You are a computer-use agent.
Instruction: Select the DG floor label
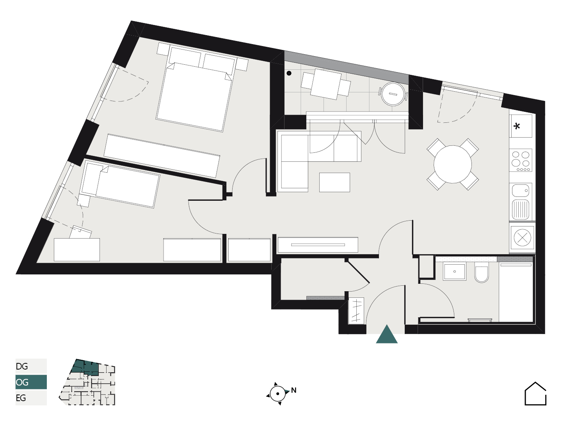22,366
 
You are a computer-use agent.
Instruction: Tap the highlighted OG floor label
22,382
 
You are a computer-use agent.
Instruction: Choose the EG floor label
21,398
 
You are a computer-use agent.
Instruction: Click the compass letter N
293,390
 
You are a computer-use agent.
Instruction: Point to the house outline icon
535,394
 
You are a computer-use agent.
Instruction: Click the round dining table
452,165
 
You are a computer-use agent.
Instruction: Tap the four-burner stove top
521,160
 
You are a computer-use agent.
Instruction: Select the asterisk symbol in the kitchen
517,126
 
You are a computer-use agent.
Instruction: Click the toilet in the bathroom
481,272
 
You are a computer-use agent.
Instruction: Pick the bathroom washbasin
454,271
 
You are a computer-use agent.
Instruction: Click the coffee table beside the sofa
334,182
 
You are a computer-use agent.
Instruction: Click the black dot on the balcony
289,73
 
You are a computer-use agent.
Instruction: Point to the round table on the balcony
393,94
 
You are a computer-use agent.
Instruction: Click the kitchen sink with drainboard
521,202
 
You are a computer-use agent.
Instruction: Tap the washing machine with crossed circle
522,238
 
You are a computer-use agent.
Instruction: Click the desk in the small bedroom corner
77,250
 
